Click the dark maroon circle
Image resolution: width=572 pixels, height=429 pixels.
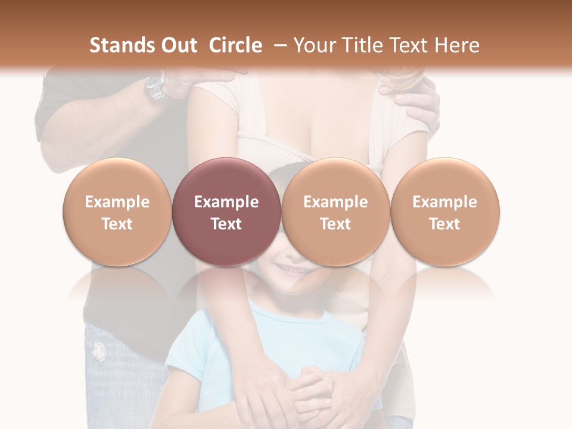click(226, 212)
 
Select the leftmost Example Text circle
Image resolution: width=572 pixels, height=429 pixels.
click(117, 212)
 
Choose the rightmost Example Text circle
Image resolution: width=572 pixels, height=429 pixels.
click(444, 212)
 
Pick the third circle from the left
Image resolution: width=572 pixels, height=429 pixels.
click(335, 212)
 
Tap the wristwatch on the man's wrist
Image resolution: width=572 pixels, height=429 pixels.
click(156, 89)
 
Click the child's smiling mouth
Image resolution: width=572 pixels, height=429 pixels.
click(294, 270)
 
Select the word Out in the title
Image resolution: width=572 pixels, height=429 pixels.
click(177, 45)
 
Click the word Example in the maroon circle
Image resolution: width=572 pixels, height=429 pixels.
click(226, 202)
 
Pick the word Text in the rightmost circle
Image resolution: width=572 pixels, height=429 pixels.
click(444, 224)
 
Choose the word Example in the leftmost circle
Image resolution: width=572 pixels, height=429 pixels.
click(117, 202)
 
